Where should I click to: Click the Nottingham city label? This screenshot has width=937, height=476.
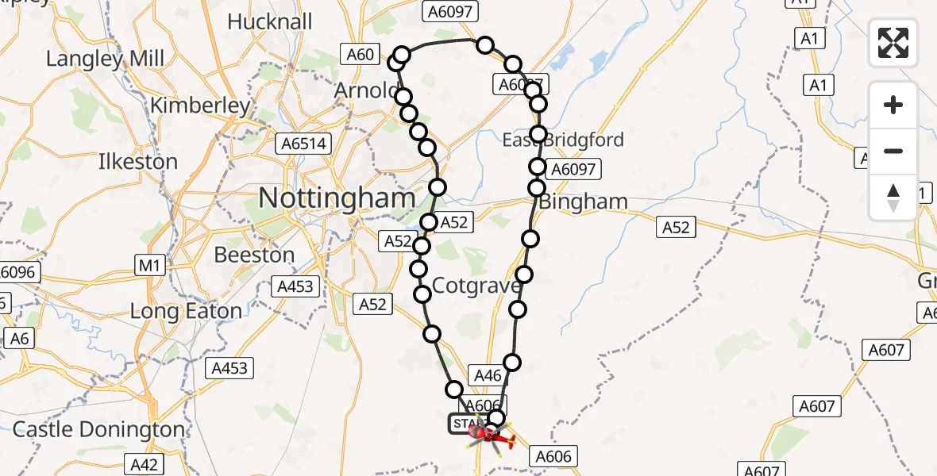(x=337, y=198)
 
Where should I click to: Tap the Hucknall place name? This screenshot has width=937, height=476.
(x=269, y=21)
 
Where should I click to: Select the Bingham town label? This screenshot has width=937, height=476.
(x=584, y=202)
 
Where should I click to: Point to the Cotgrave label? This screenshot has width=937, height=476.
(x=476, y=286)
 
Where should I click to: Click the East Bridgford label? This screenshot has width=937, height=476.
(x=563, y=140)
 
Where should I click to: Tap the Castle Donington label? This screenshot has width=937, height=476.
(x=98, y=430)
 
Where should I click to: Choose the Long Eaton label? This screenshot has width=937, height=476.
(x=186, y=311)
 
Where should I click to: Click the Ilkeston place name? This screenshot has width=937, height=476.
(x=137, y=162)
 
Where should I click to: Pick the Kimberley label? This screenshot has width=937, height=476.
(x=200, y=105)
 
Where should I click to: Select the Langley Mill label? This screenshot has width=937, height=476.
(x=105, y=59)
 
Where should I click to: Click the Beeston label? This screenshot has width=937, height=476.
(x=254, y=255)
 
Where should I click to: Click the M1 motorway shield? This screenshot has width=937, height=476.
(x=149, y=267)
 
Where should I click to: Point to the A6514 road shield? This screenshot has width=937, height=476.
(x=303, y=144)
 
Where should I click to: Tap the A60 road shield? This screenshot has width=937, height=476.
(x=360, y=55)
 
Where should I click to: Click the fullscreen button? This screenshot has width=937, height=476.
(x=893, y=43)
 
